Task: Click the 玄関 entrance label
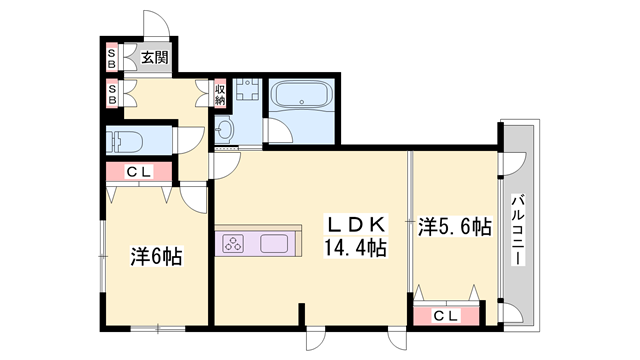pyautogui.click(x=153, y=58)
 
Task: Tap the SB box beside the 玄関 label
pyautogui.click(x=112, y=58)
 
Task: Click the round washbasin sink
pyautogui.click(x=224, y=128)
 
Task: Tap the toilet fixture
pyautogui.click(x=124, y=139)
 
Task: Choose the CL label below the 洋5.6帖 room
pyautogui.click(x=446, y=316)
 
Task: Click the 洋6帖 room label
pyautogui.click(x=154, y=256)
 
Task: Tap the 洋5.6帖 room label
pyautogui.click(x=454, y=227)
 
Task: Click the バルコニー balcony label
pyautogui.click(x=519, y=229)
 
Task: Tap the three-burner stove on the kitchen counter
pyautogui.click(x=234, y=243)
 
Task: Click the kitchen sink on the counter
pyautogui.click(x=274, y=243)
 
